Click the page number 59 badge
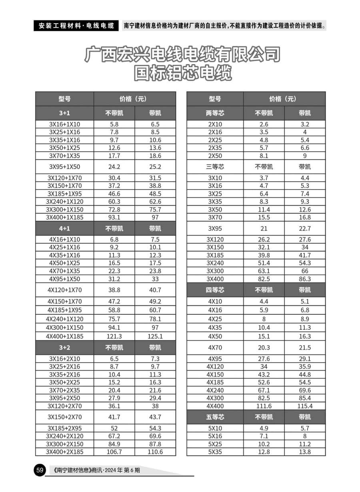[x=40, y=470]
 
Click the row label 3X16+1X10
[x=64, y=124]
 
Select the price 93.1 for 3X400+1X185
[x=114, y=217]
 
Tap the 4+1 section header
[x=64, y=229]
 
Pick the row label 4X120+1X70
[x=64, y=290]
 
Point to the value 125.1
[x=155, y=336]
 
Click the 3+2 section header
[x=64, y=347]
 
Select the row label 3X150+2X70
[x=64, y=417]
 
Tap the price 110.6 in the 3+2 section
[x=155, y=452]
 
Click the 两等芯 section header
[x=215, y=113]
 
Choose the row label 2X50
[x=215, y=156]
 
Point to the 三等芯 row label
[x=215, y=167]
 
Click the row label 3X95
[x=215, y=229]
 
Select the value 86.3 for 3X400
[x=304, y=279]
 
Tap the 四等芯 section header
[x=215, y=290]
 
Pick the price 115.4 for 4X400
[x=304, y=406]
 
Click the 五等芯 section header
[x=215, y=417]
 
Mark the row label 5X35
[x=215, y=452]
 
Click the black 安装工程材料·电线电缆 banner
[x=76, y=26]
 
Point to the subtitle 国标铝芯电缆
[x=183, y=73]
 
